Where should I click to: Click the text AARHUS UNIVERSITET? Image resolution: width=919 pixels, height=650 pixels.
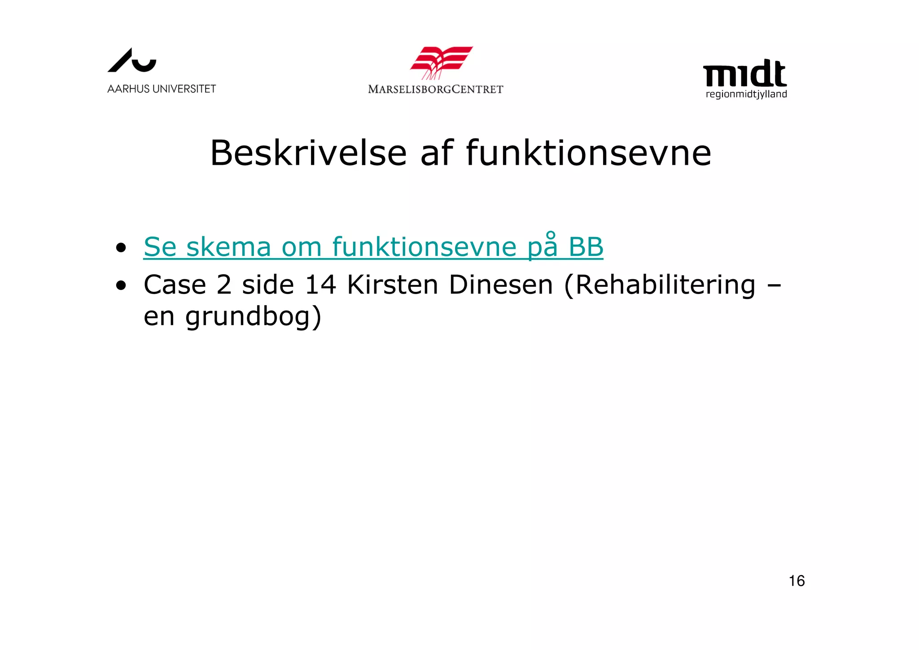click(x=162, y=89)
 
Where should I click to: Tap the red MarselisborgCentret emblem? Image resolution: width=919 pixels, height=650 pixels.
click(x=441, y=62)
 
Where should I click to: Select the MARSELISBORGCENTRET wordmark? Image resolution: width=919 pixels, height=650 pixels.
click(x=435, y=89)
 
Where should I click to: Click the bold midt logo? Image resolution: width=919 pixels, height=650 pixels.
click(x=744, y=74)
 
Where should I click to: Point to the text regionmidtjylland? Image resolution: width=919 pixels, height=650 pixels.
click(x=746, y=94)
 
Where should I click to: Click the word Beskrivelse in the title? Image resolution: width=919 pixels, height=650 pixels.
click(x=308, y=153)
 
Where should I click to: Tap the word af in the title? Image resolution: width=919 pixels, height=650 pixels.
click(x=437, y=153)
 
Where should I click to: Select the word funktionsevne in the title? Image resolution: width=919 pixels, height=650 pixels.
click(x=588, y=153)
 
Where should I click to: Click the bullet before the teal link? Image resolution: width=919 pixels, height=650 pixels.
click(x=120, y=247)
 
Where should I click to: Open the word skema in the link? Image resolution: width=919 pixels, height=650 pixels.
click(x=228, y=247)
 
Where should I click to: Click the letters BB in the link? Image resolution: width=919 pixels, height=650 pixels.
click(x=586, y=247)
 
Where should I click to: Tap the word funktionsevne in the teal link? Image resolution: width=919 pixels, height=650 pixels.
click(x=424, y=247)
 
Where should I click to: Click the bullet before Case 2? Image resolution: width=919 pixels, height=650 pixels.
click(x=120, y=285)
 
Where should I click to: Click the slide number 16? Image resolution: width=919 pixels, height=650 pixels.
click(x=796, y=581)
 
